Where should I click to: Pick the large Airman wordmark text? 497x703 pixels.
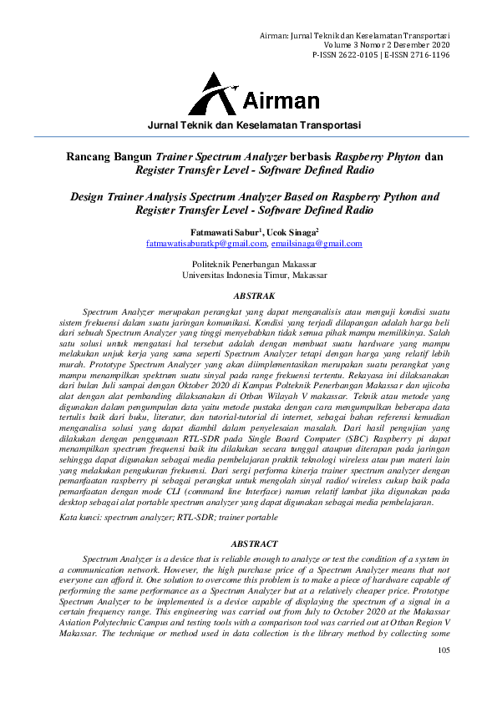[281, 102]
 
